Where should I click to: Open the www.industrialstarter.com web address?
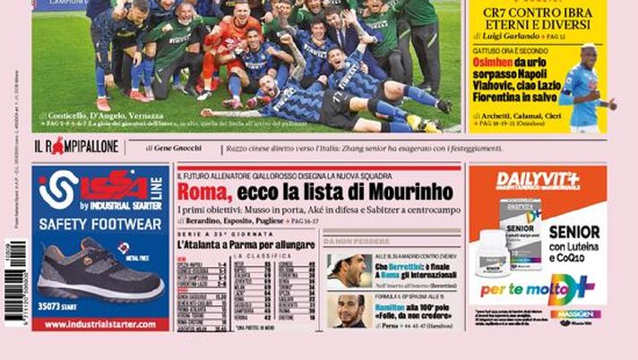coord(100,324)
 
